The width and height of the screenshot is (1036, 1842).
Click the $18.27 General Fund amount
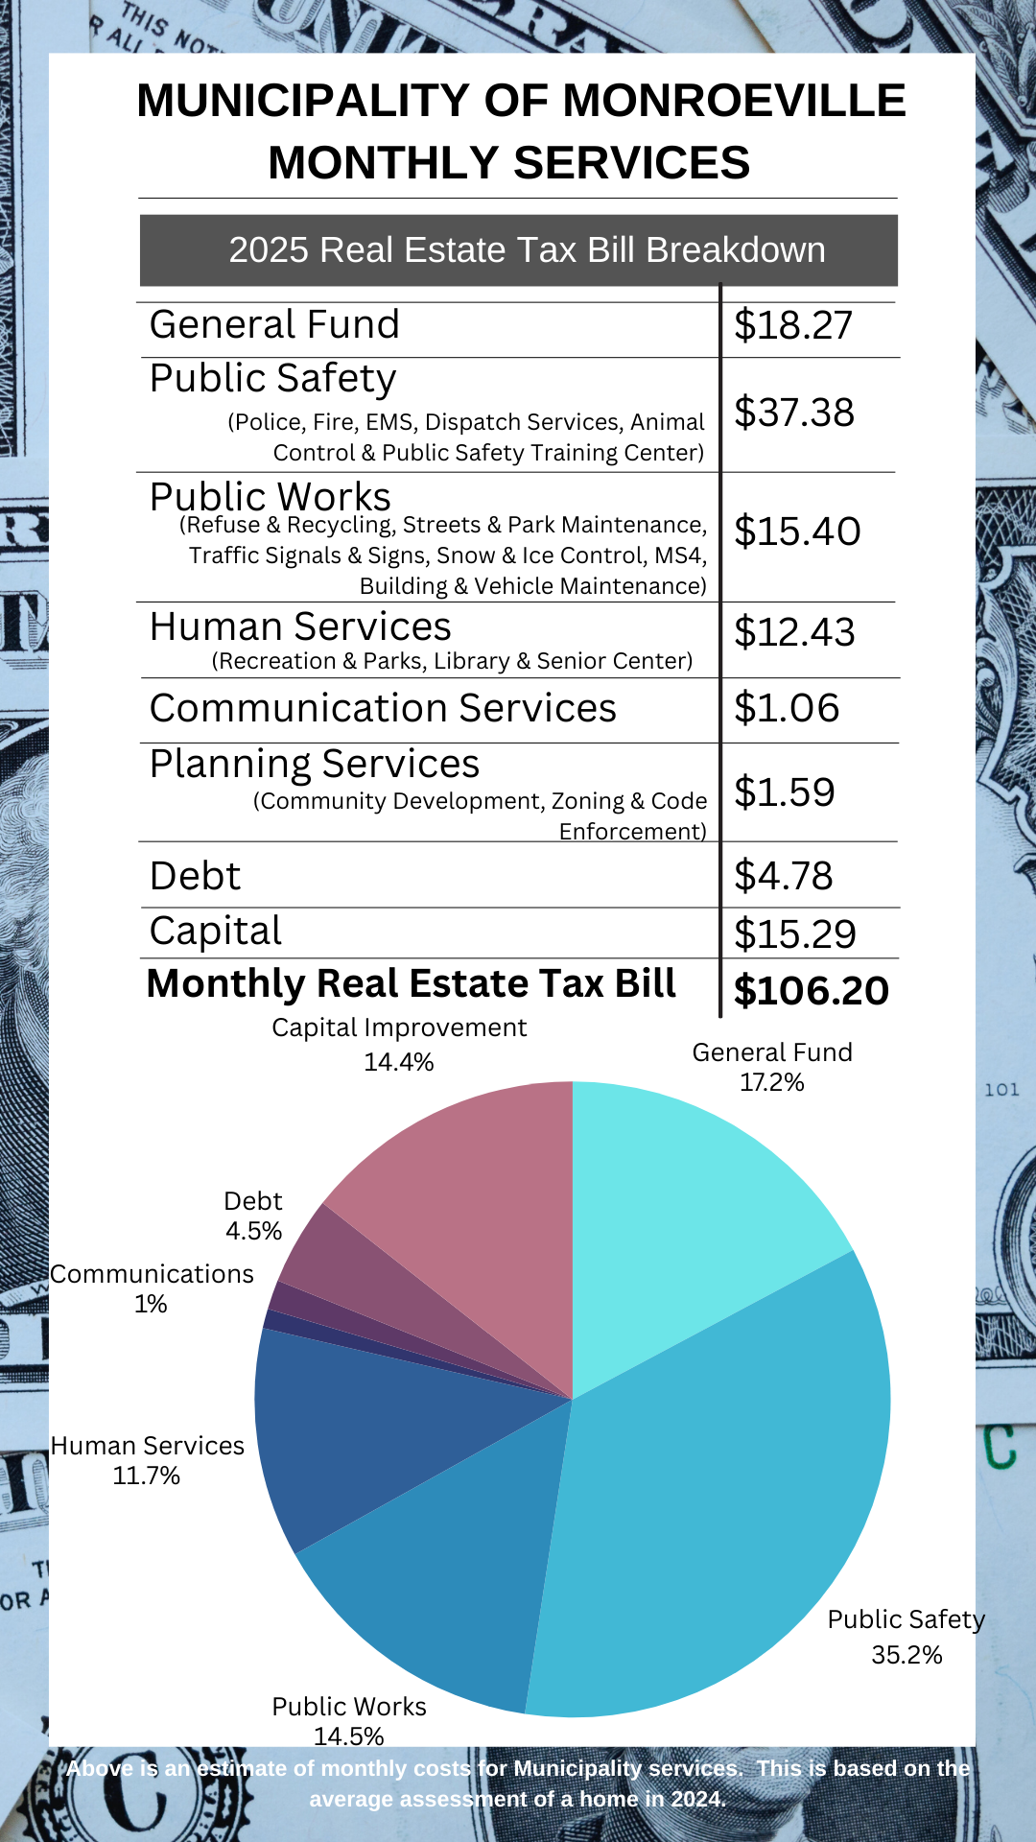[x=792, y=325]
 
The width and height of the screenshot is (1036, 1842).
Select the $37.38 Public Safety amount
[x=793, y=413]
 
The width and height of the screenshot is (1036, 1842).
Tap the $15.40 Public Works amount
[x=797, y=531]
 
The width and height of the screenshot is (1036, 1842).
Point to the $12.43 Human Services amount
[x=794, y=632]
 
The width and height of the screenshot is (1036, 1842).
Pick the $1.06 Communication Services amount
[x=787, y=708]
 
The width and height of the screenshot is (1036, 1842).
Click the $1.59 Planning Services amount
[x=785, y=792]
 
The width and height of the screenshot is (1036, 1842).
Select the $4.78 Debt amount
[x=784, y=876]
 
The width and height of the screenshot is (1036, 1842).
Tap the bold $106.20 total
[x=811, y=991]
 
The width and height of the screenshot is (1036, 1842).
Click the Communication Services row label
[x=383, y=708]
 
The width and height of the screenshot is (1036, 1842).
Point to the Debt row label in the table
[x=195, y=876]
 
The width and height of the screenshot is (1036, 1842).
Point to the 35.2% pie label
[x=906, y=1655]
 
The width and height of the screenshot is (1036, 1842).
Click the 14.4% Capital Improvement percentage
[x=399, y=1062]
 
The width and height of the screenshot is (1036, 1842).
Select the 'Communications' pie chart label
[x=152, y=1274]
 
